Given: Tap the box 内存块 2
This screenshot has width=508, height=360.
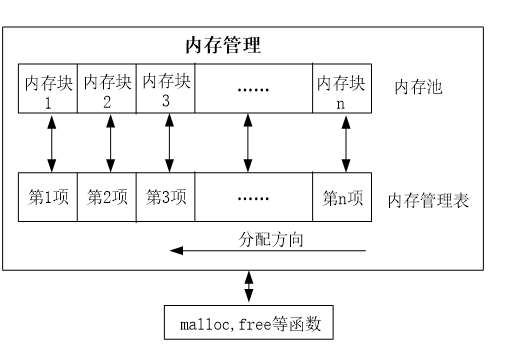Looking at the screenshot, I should pyautogui.click(x=108, y=90).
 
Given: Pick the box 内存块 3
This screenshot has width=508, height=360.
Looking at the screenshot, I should pyautogui.click(x=166, y=90).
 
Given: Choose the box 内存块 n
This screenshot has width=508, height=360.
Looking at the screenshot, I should pyautogui.click(x=342, y=90).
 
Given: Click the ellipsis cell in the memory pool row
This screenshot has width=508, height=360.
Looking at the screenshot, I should pyautogui.click(x=254, y=90).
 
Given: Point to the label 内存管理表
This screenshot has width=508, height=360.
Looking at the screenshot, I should pyautogui.click(x=429, y=199).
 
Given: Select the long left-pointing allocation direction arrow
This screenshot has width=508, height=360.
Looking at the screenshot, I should pyautogui.click(x=270, y=252).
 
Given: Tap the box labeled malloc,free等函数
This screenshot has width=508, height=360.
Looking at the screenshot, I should pyautogui.click(x=250, y=325).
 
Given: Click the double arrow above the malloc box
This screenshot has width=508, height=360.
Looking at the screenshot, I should pyautogui.click(x=250, y=287).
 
